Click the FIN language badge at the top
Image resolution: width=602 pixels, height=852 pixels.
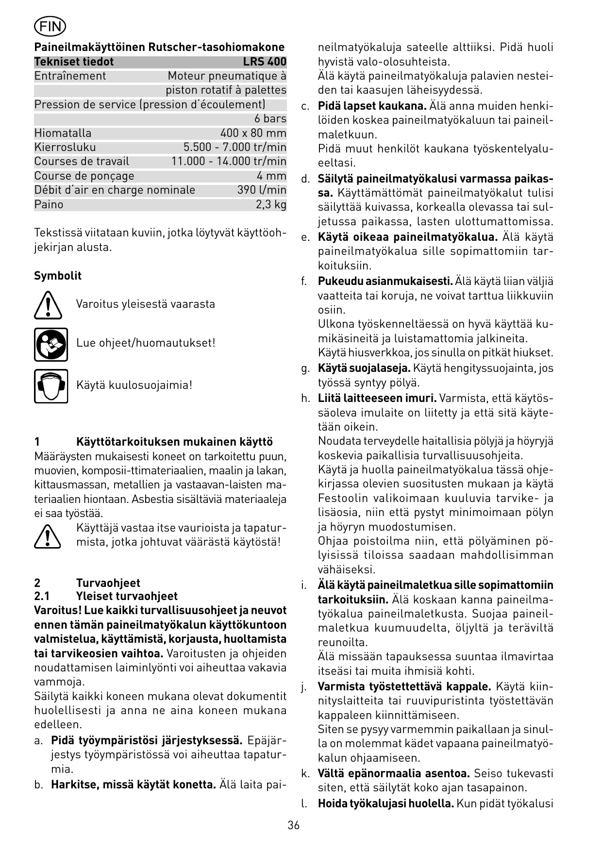pyautogui.click(x=50, y=26)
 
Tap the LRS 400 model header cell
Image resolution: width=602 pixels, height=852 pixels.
pyautogui.click(x=265, y=62)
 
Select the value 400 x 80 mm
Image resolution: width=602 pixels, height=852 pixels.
pyautogui.click(x=253, y=133)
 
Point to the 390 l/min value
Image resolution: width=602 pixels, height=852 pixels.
pyautogui.click(x=262, y=190)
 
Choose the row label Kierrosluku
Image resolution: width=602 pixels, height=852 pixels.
pyautogui.click(x=65, y=147)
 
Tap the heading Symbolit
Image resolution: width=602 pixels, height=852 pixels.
pyautogui.click(x=58, y=276)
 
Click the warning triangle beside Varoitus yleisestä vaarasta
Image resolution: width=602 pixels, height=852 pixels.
pyautogui.click(x=48, y=305)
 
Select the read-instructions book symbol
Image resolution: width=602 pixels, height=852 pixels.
pyautogui.click(x=51, y=344)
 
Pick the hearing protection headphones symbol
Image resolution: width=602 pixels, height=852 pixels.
pyautogui.click(x=51, y=386)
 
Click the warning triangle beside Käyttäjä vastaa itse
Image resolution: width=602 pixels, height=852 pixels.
pyautogui.click(x=48, y=536)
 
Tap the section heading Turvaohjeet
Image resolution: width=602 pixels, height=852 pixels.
pyautogui.click(x=108, y=583)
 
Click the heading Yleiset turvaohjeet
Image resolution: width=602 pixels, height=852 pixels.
pyautogui.click(x=127, y=596)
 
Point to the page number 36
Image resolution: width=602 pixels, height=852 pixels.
pyautogui.click(x=293, y=825)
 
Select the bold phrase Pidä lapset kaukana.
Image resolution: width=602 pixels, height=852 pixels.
pyautogui.click(x=372, y=106)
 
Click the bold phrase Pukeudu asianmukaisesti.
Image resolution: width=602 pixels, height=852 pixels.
pyautogui.click(x=385, y=281)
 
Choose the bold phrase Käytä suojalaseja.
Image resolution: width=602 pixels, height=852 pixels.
pyautogui.click(x=364, y=368)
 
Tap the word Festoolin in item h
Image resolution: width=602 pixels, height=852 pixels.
pyautogui.click(x=344, y=498)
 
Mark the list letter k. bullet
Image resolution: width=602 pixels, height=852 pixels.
pyautogui.click(x=305, y=773)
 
